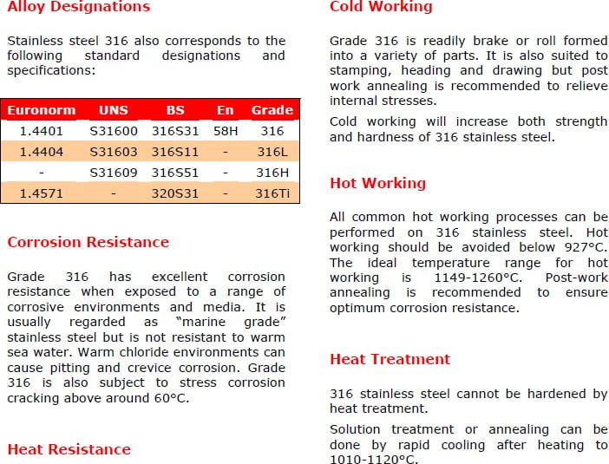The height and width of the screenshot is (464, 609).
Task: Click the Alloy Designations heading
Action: pyautogui.click(x=78, y=7)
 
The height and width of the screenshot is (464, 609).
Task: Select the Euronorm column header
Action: pyautogui.click(x=41, y=110)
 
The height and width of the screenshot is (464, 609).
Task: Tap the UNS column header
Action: pyautogui.click(x=113, y=110)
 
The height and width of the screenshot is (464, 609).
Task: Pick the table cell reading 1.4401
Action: pyautogui.click(x=41, y=131)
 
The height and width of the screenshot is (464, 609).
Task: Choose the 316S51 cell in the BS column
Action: pyautogui.click(x=175, y=173)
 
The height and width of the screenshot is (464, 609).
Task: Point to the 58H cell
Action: pyautogui.click(x=226, y=131)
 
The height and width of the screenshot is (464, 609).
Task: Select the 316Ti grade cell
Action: pyautogui.click(x=272, y=193)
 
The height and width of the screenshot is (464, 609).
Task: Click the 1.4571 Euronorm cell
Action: pyautogui.click(x=41, y=193)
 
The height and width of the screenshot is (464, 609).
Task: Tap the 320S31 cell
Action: pyautogui.click(x=175, y=193)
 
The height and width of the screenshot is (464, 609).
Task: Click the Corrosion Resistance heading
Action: pyautogui.click(x=88, y=242)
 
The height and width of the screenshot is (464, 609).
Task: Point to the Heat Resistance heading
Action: pyautogui.click(x=69, y=449)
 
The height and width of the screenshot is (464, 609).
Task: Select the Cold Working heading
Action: pyautogui.click(x=381, y=7)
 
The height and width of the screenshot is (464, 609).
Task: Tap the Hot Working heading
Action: pyautogui.click(x=377, y=183)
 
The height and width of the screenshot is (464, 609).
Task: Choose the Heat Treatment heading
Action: pyautogui.click(x=390, y=359)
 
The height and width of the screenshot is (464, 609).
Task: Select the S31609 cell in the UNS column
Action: pyautogui.click(x=114, y=173)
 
